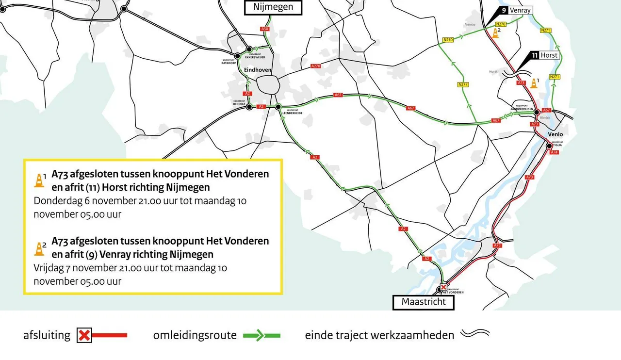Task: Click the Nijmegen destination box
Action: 273,7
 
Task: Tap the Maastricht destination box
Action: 423,302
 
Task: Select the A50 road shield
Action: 264,29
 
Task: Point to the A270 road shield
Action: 315,66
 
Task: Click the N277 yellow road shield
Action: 463,85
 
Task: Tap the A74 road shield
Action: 554,152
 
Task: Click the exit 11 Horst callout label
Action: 544,55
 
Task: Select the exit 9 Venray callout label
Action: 516,10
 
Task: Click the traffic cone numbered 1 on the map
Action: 534,83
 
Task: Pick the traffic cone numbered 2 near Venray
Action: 495,33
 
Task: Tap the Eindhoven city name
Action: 257,70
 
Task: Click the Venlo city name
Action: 555,134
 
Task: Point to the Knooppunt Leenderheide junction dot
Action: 278,107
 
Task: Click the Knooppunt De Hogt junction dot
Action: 249,107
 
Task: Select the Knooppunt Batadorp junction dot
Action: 238,56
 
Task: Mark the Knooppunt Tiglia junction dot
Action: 549,146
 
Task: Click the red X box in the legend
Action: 84,335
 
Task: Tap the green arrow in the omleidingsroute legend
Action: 261,335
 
